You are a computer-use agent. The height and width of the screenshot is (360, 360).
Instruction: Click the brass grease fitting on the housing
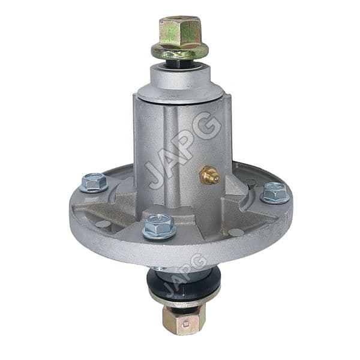click(209, 175)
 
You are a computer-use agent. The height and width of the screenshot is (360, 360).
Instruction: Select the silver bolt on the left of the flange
click(94, 181)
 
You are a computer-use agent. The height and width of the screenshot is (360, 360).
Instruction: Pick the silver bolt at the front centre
click(159, 226)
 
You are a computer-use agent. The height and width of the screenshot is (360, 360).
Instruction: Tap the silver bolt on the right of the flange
click(275, 192)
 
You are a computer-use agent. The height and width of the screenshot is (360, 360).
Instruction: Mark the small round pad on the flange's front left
click(103, 224)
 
